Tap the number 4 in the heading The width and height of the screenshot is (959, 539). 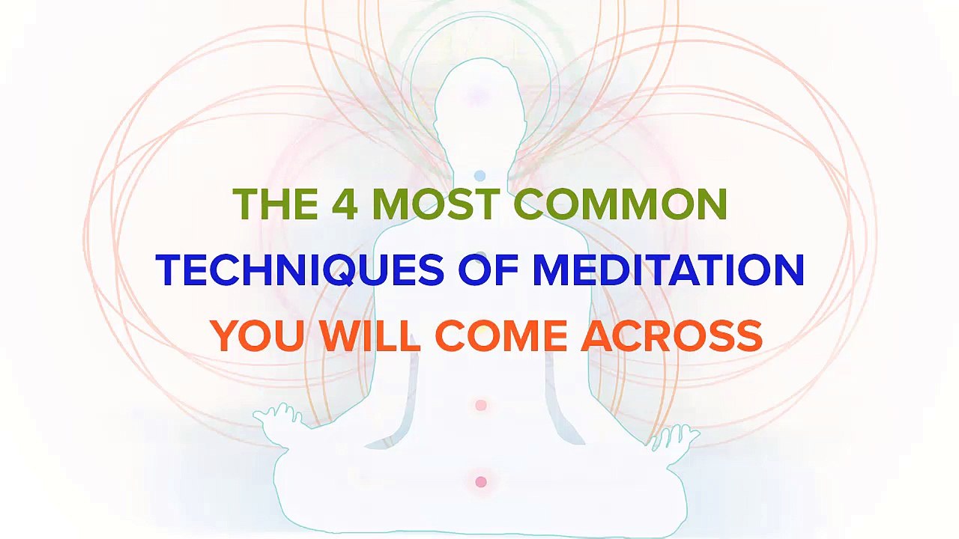[x=345, y=204]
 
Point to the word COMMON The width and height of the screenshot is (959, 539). [x=620, y=204]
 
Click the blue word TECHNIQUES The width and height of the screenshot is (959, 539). [x=300, y=270]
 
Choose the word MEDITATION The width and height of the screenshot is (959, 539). [x=668, y=270]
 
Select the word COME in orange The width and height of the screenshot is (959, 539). [x=501, y=336]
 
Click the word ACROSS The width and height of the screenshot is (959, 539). [x=672, y=336]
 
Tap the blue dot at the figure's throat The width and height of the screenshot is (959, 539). [x=479, y=176]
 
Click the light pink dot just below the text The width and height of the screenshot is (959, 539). [x=481, y=405]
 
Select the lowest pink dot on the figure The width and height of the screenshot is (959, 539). [x=481, y=482]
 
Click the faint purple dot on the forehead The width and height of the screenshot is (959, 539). [x=477, y=96]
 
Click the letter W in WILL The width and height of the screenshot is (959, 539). [x=341, y=336]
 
